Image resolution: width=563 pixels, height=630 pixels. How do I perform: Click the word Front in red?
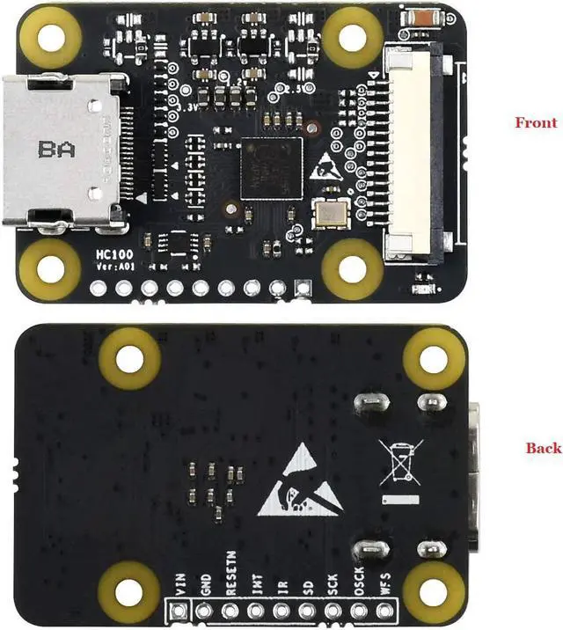tap(536, 123)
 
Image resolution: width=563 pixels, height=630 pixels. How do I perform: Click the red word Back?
tap(543, 448)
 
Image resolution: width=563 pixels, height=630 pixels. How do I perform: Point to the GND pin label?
tap(206, 585)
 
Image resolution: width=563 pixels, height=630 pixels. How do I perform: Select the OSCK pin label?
tap(359, 582)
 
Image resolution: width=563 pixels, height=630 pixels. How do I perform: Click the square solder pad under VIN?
tap(181, 613)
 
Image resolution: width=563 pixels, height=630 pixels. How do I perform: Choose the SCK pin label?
tap(333, 584)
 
